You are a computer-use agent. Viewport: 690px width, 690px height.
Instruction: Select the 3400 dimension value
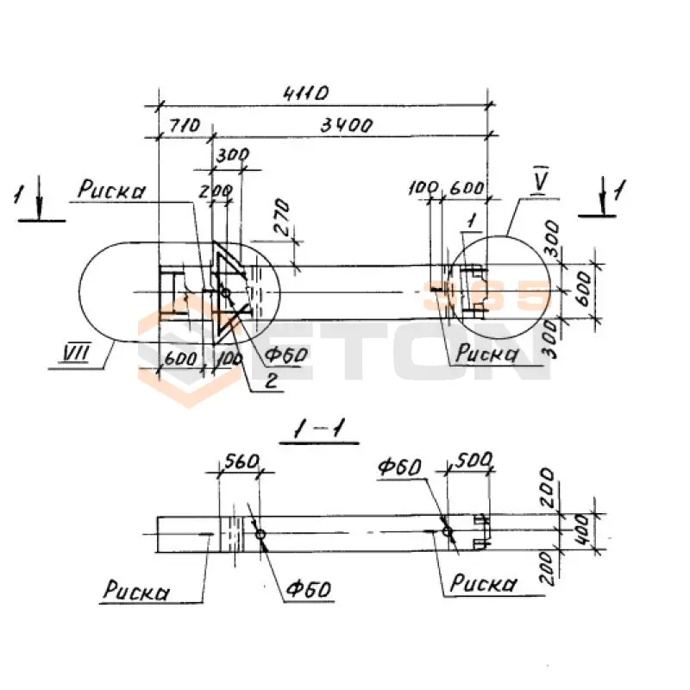pos(345,125)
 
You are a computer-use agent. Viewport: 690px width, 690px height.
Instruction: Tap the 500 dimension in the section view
pos(469,462)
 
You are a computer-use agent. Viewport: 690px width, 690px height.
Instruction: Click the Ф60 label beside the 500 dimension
pos(398,467)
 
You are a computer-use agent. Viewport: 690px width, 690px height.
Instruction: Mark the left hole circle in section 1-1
pos(261,536)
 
